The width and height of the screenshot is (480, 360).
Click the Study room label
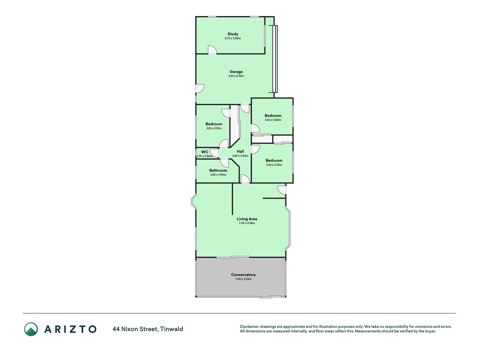[x=233, y=34]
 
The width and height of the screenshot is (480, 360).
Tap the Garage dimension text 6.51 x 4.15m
[x=236, y=76]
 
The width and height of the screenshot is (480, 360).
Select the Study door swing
[x=212, y=50]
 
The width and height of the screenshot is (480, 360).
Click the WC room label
[x=205, y=152]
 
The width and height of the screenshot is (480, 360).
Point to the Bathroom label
[x=218, y=170]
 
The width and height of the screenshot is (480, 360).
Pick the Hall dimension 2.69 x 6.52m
[x=240, y=156]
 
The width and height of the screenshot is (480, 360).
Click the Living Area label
[x=247, y=219]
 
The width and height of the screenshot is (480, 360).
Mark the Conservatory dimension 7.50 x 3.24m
[x=244, y=279]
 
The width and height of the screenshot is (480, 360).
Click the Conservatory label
[x=244, y=275]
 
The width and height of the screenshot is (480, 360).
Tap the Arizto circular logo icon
[x=31, y=329]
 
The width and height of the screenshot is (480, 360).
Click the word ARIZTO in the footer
[x=70, y=329]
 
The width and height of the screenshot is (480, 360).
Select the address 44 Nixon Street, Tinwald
[x=148, y=329]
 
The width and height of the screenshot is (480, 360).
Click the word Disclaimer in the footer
[x=249, y=327]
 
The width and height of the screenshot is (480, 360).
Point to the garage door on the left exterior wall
[x=200, y=89]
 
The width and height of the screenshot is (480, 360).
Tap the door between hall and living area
[x=245, y=179]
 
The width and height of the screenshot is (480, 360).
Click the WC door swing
[x=215, y=153]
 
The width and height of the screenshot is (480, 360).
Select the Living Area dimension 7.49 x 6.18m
[x=247, y=223]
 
